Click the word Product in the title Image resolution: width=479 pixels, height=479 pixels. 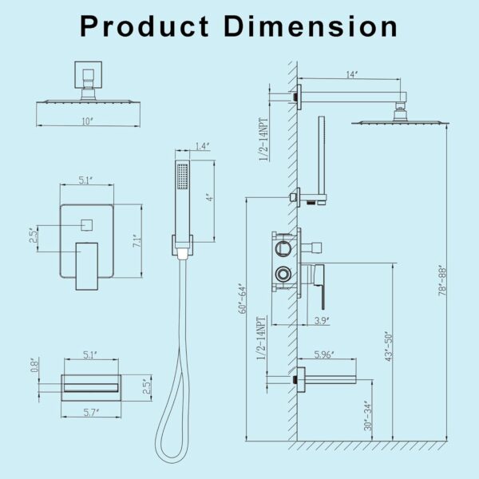click(144, 26)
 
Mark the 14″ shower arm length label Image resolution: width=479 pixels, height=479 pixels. click(351, 75)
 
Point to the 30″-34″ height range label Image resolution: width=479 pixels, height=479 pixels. click(367, 415)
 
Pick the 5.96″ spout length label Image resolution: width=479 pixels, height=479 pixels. click(323, 353)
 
